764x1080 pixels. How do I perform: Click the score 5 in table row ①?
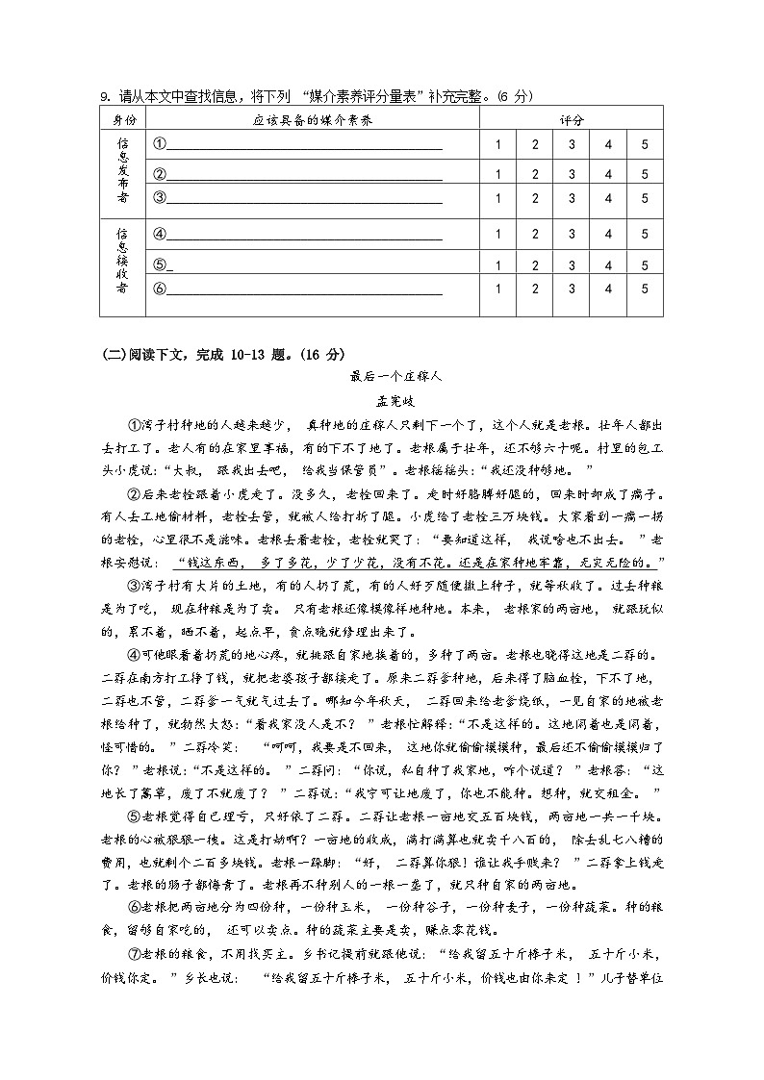pyautogui.click(x=645, y=144)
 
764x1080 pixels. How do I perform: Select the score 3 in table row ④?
pyautogui.click(x=572, y=234)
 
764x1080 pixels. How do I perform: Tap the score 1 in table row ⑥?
pyautogui.click(x=498, y=289)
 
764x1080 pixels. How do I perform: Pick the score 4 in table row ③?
pyautogui.click(x=608, y=198)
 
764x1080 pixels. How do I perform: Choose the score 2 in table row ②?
pyautogui.click(x=535, y=174)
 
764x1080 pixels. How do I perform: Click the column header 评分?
pyautogui.click(x=572, y=120)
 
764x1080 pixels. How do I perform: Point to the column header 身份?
pyautogui.click(x=124, y=120)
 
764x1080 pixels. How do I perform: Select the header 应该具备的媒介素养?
pyautogui.click(x=313, y=120)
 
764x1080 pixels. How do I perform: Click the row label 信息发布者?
pyautogui.click(x=123, y=170)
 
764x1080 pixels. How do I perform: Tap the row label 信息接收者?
pyautogui.click(x=123, y=261)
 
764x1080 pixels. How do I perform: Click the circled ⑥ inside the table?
pyautogui.click(x=160, y=289)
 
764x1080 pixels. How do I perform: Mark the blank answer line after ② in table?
pyautogui.click(x=304, y=174)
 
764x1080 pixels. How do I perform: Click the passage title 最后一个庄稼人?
pyautogui.click(x=381, y=377)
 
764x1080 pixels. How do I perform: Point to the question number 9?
pyautogui.click(x=104, y=96)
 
